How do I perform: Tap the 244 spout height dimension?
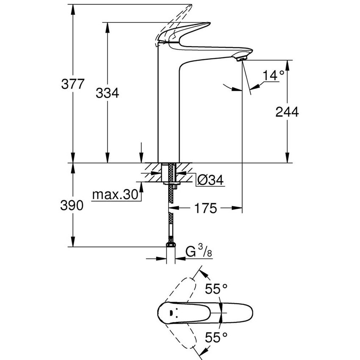(x=287, y=112)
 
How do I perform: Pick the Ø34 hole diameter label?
(x=210, y=180)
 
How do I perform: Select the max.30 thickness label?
(x=116, y=195)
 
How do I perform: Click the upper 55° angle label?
(x=216, y=289)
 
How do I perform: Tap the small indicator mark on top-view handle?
(x=170, y=313)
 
